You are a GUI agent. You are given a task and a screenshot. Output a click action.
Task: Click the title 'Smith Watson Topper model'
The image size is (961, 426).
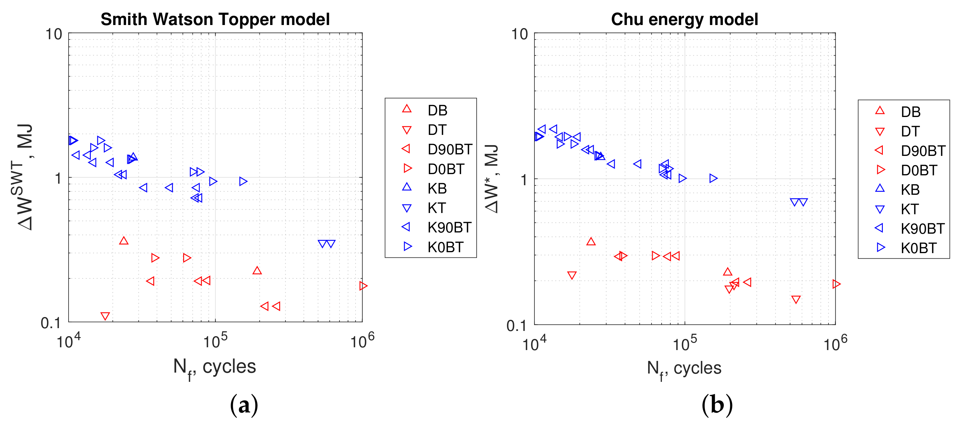click(x=215, y=19)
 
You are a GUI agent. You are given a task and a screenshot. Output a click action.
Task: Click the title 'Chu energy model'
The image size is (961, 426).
click(x=684, y=19)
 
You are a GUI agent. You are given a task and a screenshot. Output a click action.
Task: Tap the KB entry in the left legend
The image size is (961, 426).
click(x=437, y=189)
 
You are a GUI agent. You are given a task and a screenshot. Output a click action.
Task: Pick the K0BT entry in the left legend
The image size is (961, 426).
click(x=445, y=247)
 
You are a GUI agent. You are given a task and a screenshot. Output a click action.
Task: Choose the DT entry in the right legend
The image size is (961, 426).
click(x=910, y=132)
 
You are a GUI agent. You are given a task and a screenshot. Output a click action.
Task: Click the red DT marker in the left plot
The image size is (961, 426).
click(x=105, y=316)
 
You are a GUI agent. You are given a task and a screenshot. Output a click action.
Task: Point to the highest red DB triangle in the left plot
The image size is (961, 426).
click(x=124, y=241)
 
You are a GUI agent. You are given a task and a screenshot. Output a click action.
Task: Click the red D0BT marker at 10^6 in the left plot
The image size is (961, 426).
click(x=363, y=286)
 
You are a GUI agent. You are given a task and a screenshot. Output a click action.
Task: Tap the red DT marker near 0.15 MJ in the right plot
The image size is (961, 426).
click(x=796, y=300)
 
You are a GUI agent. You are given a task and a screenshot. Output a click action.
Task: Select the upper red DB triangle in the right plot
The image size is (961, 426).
click(x=591, y=241)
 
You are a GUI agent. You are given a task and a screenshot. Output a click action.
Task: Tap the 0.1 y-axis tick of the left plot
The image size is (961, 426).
click(x=51, y=323)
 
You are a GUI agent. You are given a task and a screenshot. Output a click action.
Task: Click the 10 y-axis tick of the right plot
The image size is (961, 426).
click(x=519, y=34)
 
